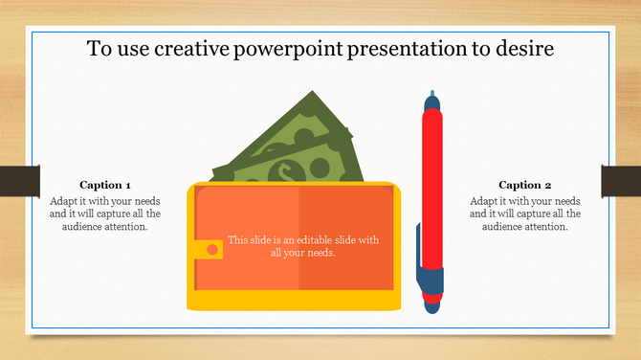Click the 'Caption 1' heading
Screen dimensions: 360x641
tap(105, 184)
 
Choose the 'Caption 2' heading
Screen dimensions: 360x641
tap(525, 184)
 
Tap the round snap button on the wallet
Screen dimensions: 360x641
tap(212, 249)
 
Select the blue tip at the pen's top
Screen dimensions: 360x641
tap(432, 101)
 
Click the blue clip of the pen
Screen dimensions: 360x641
tap(418, 259)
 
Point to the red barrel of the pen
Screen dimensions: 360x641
tap(432, 191)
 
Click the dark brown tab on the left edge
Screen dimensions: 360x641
tap(19, 180)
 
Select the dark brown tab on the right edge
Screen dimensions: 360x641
tap(621, 180)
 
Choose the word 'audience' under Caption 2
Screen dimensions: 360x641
tap(503, 227)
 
